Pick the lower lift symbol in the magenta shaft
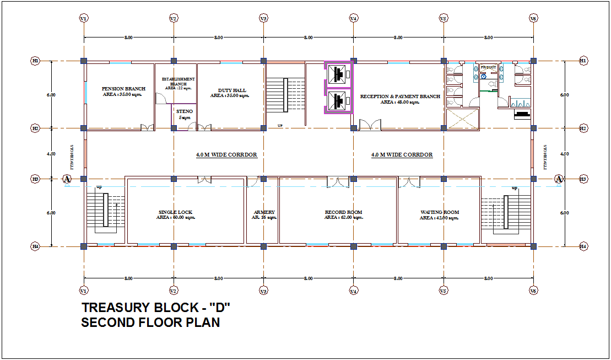pos(338,100)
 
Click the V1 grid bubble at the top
pos(84,19)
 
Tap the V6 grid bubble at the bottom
pos(533,290)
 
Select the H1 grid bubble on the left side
pos(35,61)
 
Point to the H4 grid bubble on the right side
pos(583,246)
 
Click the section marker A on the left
pos(67,179)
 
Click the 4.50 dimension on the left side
pos(51,154)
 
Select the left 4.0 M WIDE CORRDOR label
pos(226,155)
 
